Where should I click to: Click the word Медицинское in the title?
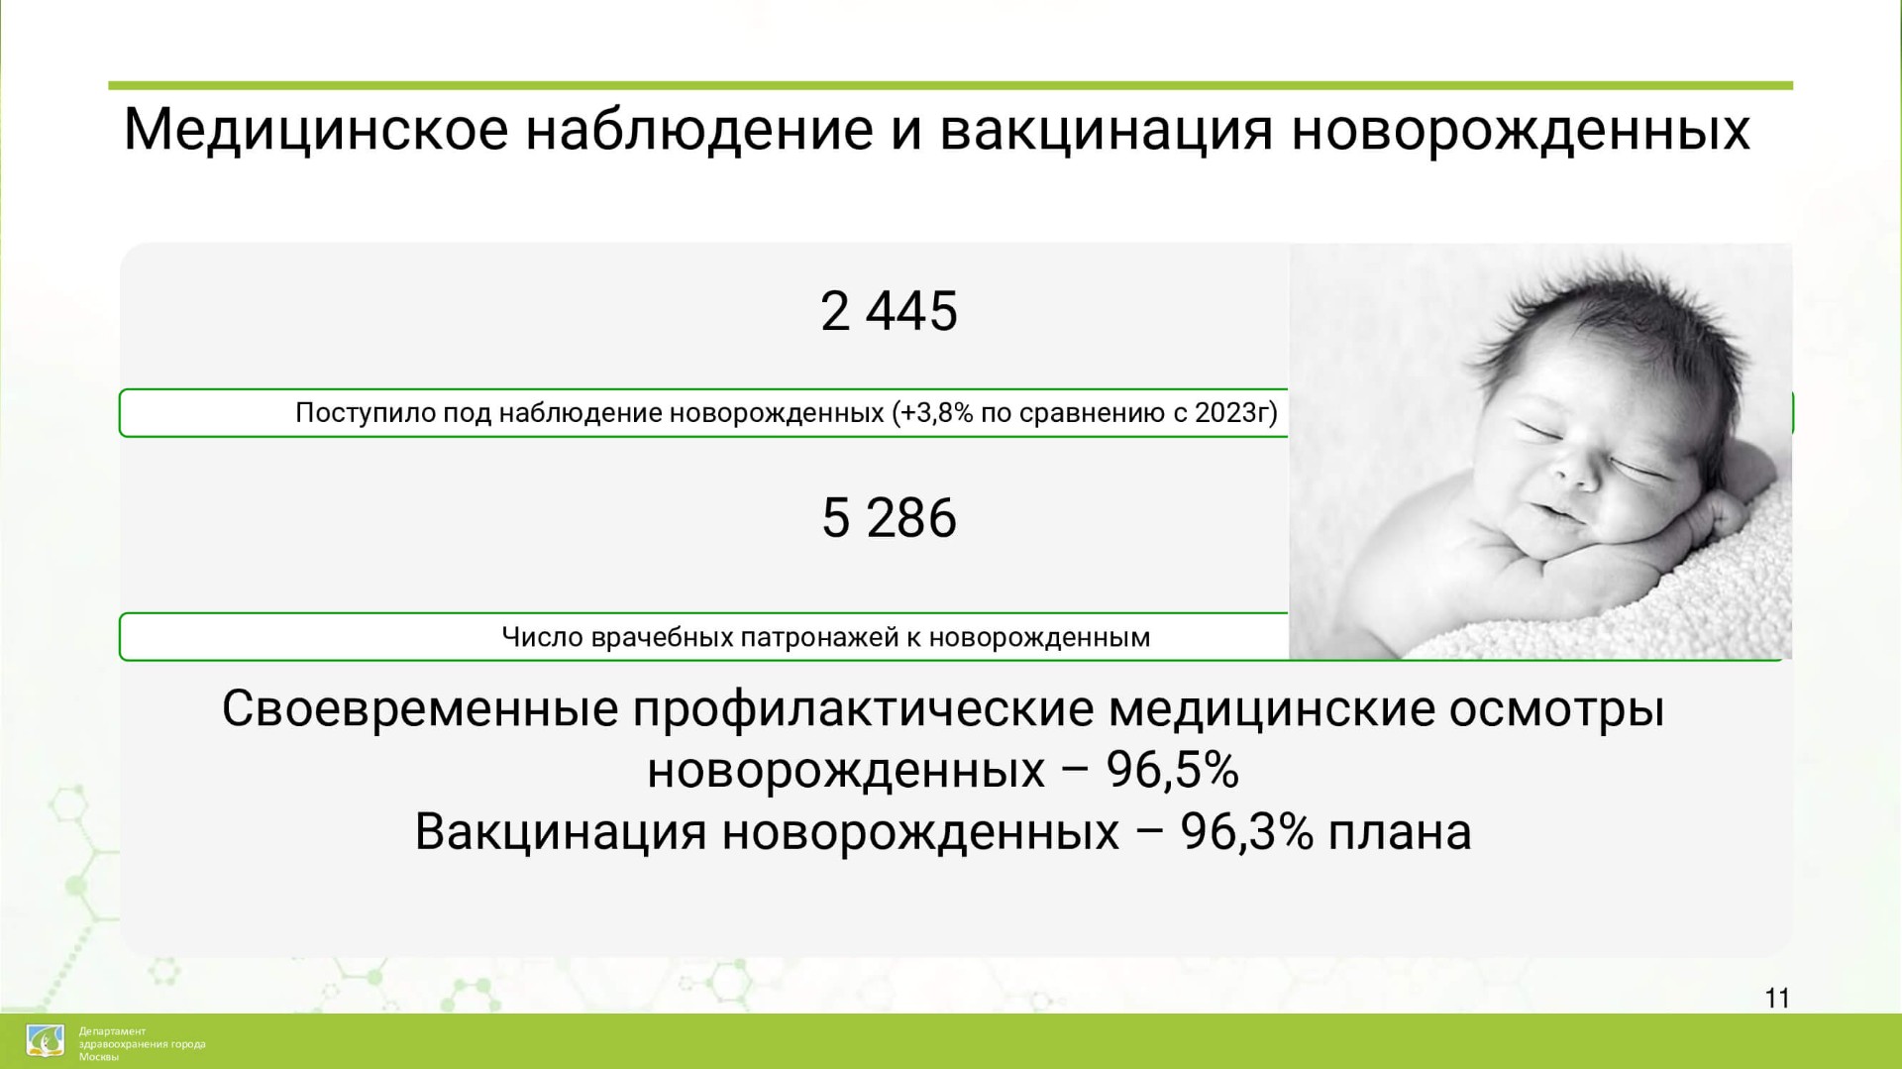[315, 130]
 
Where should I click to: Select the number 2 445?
[889, 311]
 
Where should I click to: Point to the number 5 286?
[889, 517]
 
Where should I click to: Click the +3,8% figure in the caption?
[936, 412]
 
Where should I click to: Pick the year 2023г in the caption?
[1231, 412]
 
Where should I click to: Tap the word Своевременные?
[420, 709]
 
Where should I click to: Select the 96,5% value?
[1172, 771]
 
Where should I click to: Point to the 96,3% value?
[1246, 832]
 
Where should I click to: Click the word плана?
[1400, 833]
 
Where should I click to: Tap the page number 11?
[1777, 998]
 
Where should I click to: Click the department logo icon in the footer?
[45, 1041]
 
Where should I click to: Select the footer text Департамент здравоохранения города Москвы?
[142, 1044]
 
